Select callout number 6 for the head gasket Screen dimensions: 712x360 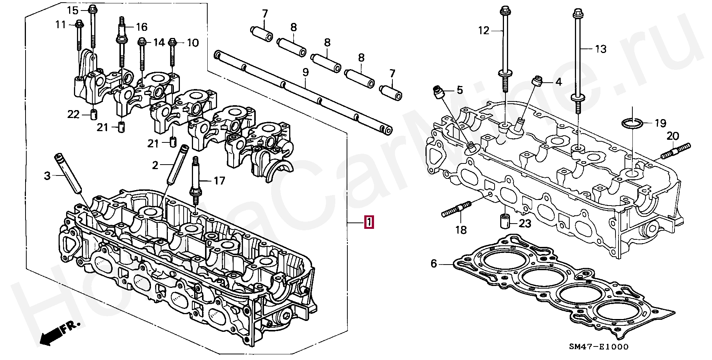pos(434,264)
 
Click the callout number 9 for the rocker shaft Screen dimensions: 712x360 pos(306,73)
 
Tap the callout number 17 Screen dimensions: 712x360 pos(219,181)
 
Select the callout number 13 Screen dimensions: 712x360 pos(600,49)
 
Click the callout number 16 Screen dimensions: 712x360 pos(142,27)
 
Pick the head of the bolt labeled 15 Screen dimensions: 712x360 pos(92,10)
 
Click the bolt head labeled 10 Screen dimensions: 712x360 pos(172,42)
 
